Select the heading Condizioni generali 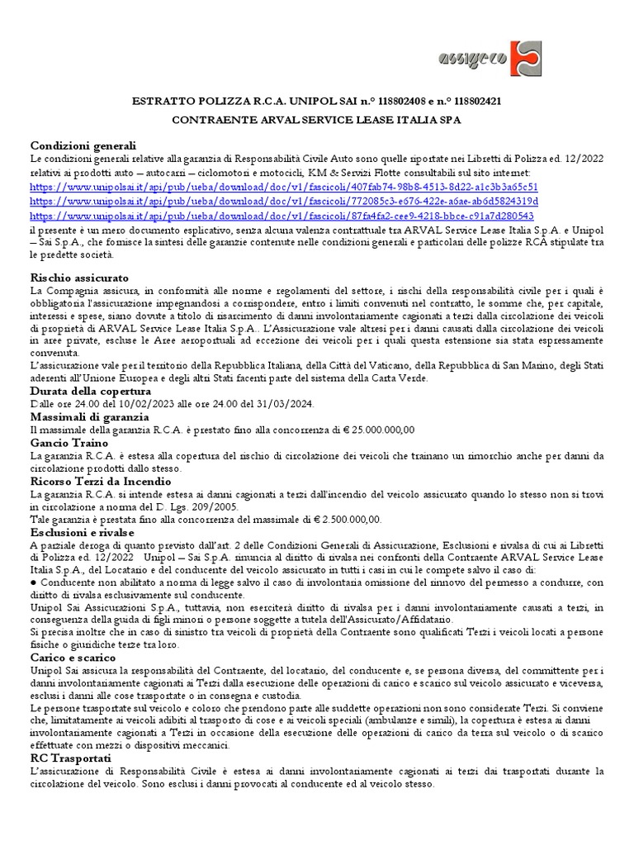click(x=83, y=145)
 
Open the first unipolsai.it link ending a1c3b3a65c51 click(x=284, y=187)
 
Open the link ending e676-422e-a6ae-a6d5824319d click(x=284, y=201)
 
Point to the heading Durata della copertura click(x=91, y=391)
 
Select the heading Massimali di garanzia click(x=89, y=417)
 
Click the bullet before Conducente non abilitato click(x=33, y=582)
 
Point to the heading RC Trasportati click(x=70, y=758)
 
